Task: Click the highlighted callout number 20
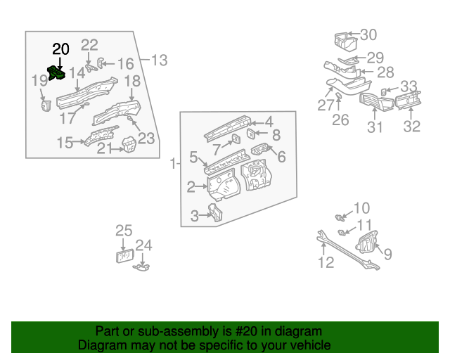click(x=61, y=49)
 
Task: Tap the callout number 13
click(x=160, y=60)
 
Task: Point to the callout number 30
click(x=368, y=35)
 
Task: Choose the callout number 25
click(x=124, y=231)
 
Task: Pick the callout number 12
click(x=326, y=264)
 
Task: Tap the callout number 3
click(x=195, y=217)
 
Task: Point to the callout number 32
click(x=411, y=127)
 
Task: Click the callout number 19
click(x=39, y=82)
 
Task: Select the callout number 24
click(x=143, y=245)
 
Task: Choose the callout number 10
click(x=361, y=207)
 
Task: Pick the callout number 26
click(x=340, y=120)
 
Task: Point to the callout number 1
click(x=173, y=164)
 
